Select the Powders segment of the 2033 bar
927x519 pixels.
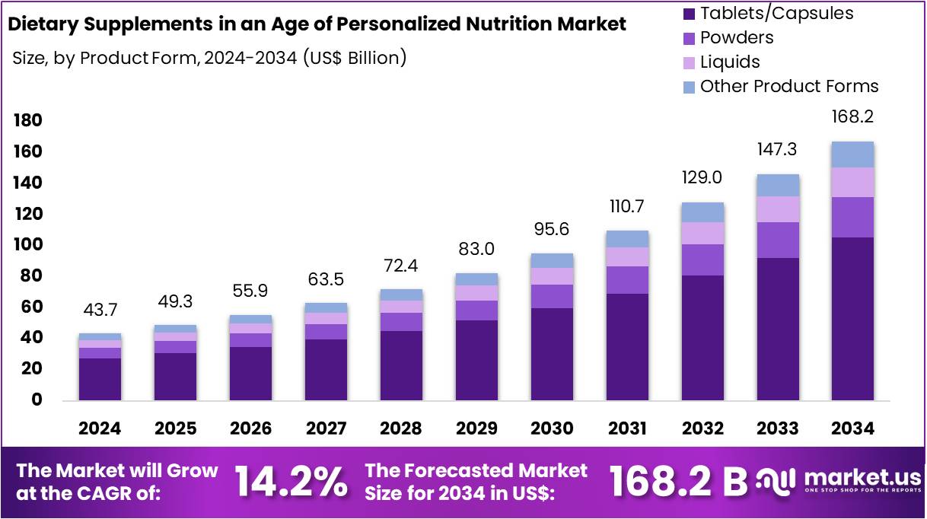pyautogui.click(x=777, y=240)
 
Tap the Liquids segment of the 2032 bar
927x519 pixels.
pyautogui.click(x=702, y=233)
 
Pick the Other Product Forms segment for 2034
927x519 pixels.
pyautogui.click(x=852, y=154)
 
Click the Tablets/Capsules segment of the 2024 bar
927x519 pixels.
pyautogui.click(x=100, y=379)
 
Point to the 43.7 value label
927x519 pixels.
pyautogui.click(x=100, y=310)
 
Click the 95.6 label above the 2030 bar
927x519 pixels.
pyautogui.click(x=552, y=230)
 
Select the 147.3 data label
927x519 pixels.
pyautogui.click(x=777, y=149)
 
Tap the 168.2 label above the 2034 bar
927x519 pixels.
pyautogui.click(x=852, y=117)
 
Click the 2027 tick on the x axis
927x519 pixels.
pyautogui.click(x=326, y=429)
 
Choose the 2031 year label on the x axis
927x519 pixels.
pyautogui.click(x=627, y=429)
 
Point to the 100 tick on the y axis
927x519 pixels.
pyautogui.click(x=27, y=245)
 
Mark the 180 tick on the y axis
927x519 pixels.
pyautogui.click(x=27, y=121)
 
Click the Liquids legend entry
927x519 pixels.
pyautogui.click(x=729, y=62)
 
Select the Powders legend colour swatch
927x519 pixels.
pyautogui.click(x=690, y=38)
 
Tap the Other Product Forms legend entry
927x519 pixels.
pyautogui.click(x=788, y=86)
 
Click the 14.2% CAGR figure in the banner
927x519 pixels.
pyautogui.click(x=291, y=482)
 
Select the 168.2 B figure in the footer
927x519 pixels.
pyautogui.click(x=678, y=482)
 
